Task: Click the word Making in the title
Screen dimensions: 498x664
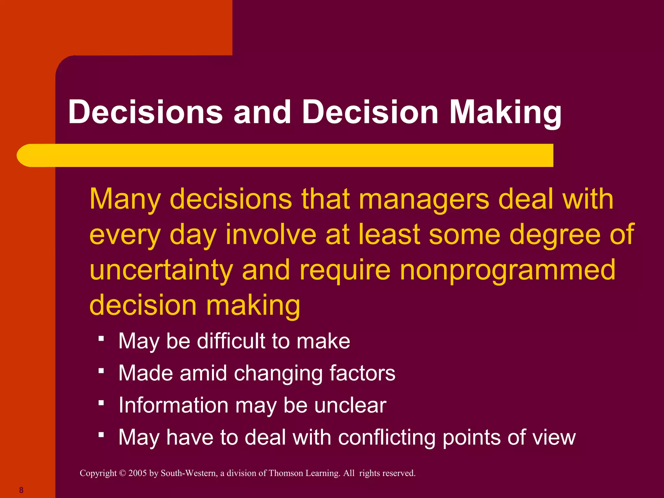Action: (505, 113)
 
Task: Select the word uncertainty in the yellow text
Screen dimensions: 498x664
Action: (161, 270)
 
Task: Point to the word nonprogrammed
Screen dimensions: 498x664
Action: (507, 270)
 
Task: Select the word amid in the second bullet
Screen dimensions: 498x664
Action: (203, 373)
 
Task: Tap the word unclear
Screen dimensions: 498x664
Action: (350, 405)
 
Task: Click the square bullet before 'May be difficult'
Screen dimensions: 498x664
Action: (101, 339)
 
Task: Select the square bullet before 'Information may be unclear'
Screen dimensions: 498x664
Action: (101, 403)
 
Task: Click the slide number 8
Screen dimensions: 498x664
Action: (21, 490)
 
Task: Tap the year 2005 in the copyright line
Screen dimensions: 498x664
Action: (137, 473)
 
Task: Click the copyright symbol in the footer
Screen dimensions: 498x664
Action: (123, 473)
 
